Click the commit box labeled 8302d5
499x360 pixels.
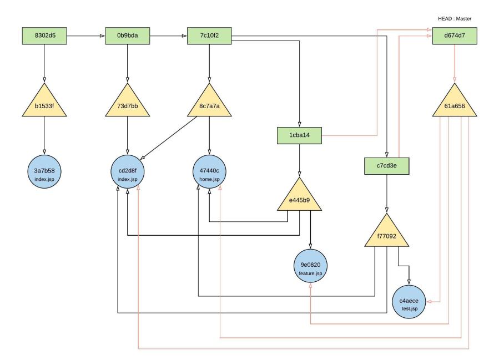pos(44,37)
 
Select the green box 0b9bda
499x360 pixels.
pos(128,37)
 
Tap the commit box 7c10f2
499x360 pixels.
pos(209,37)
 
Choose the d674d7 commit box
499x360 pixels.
pos(455,37)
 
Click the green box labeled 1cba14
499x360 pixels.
pos(300,135)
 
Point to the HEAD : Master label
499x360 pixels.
pos(454,18)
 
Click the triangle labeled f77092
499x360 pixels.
pos(386,235)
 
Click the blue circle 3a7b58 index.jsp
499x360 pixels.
pos(44,172)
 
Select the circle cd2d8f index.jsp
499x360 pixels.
pos(128,172)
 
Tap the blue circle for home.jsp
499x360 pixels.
pos(209,172)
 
